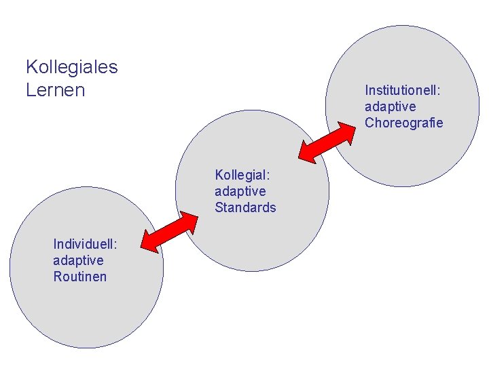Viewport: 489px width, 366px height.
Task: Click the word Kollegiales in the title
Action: tap(71, 67)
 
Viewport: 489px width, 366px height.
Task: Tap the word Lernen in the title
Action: tap(56, 89)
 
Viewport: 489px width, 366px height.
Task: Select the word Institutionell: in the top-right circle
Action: tap(403, 90)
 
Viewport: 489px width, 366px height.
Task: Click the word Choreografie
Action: tap(403, 123)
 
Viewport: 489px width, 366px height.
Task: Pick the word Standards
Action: tap(245, 207)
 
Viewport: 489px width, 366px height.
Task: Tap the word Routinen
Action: tap(79, 277)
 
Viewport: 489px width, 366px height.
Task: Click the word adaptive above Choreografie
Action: tap(390, 106)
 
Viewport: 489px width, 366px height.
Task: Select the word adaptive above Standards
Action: tap(240, 191)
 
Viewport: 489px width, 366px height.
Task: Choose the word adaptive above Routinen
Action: tap(78, 260)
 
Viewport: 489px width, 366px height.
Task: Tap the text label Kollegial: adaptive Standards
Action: tap(245, 191)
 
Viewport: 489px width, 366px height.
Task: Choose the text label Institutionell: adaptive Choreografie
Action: tap(403, 106)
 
